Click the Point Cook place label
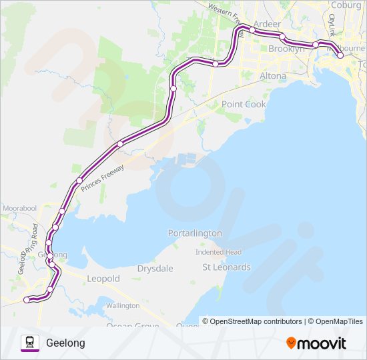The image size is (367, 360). tap(244, 104)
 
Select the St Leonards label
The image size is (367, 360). tap(226, 267)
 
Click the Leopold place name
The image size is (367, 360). tap(103, 278)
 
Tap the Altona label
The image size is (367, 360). tap(272, 76)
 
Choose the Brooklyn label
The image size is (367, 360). tap(286, 49)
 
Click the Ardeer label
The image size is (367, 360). tap(267, 23)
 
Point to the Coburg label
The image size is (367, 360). tap(346, 5)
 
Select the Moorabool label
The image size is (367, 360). tap(18, 209)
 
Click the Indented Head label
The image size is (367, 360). tap(218, 252)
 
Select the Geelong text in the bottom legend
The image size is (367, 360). tap(65, 343)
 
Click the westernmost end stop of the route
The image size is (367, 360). tap(27, 300)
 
